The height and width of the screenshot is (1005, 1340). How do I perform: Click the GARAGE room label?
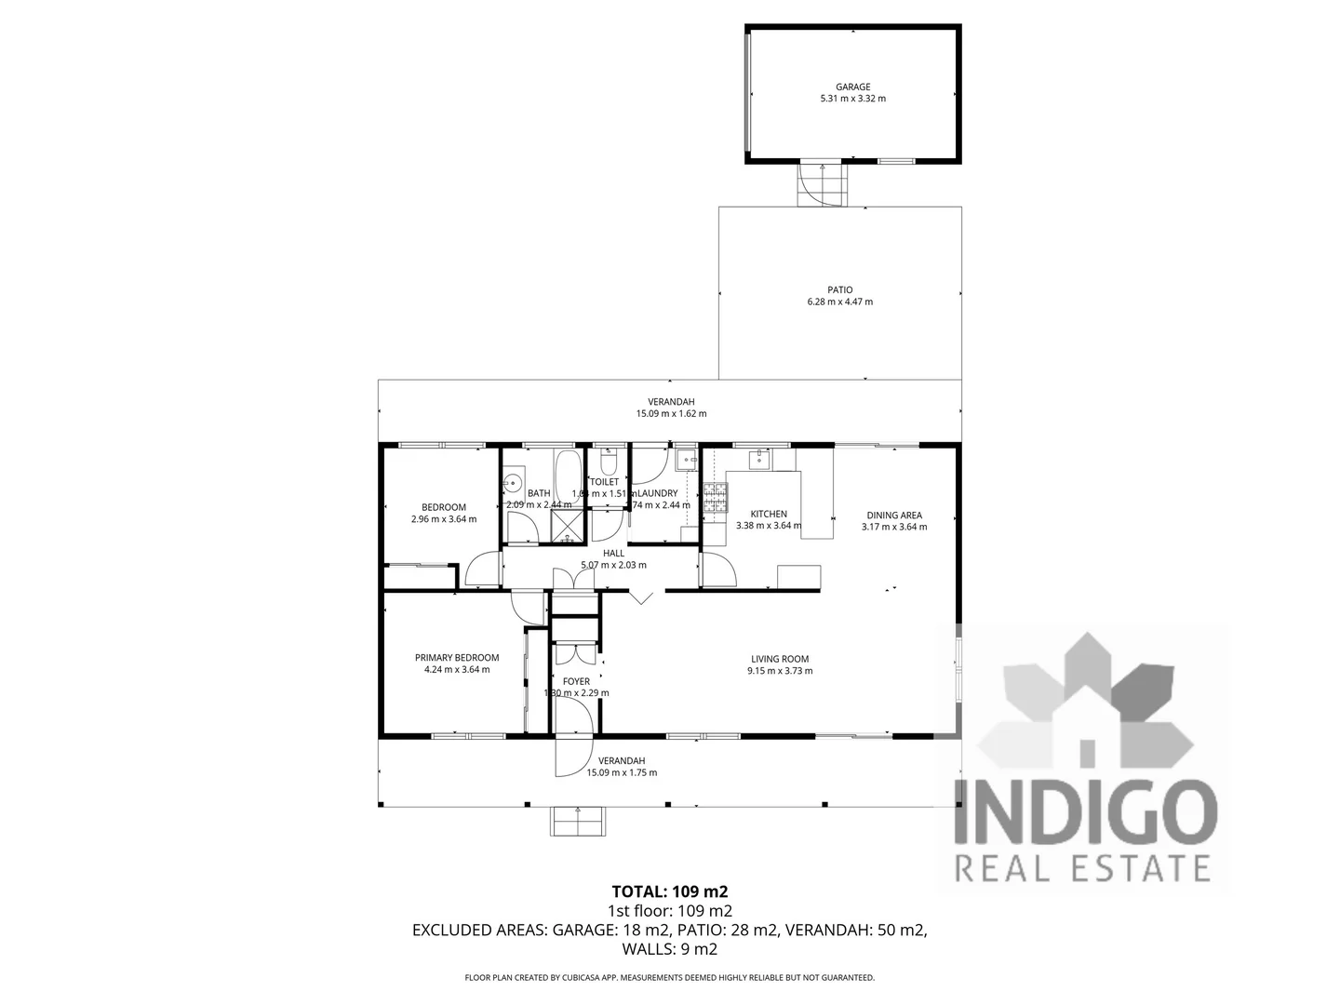852,87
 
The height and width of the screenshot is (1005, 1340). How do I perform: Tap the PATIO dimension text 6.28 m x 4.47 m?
839,301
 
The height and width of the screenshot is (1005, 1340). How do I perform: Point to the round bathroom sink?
512,483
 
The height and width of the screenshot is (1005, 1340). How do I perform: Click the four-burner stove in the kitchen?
715,499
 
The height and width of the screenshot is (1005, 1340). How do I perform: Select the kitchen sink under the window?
760,460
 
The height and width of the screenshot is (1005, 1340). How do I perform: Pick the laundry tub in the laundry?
687,459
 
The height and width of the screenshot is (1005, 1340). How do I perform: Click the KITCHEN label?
769,514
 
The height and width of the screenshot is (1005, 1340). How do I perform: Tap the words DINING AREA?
894,515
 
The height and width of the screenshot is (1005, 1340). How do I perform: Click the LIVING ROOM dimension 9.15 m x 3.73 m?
780,671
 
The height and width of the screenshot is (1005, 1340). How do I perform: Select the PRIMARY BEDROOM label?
456,658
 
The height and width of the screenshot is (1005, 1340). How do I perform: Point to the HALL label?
613,553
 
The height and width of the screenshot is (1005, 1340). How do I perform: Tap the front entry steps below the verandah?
578,820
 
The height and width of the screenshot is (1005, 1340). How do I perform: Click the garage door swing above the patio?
824,183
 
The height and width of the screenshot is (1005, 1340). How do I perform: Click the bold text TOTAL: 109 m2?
669,891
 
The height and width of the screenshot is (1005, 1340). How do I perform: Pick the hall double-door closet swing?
573,579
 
